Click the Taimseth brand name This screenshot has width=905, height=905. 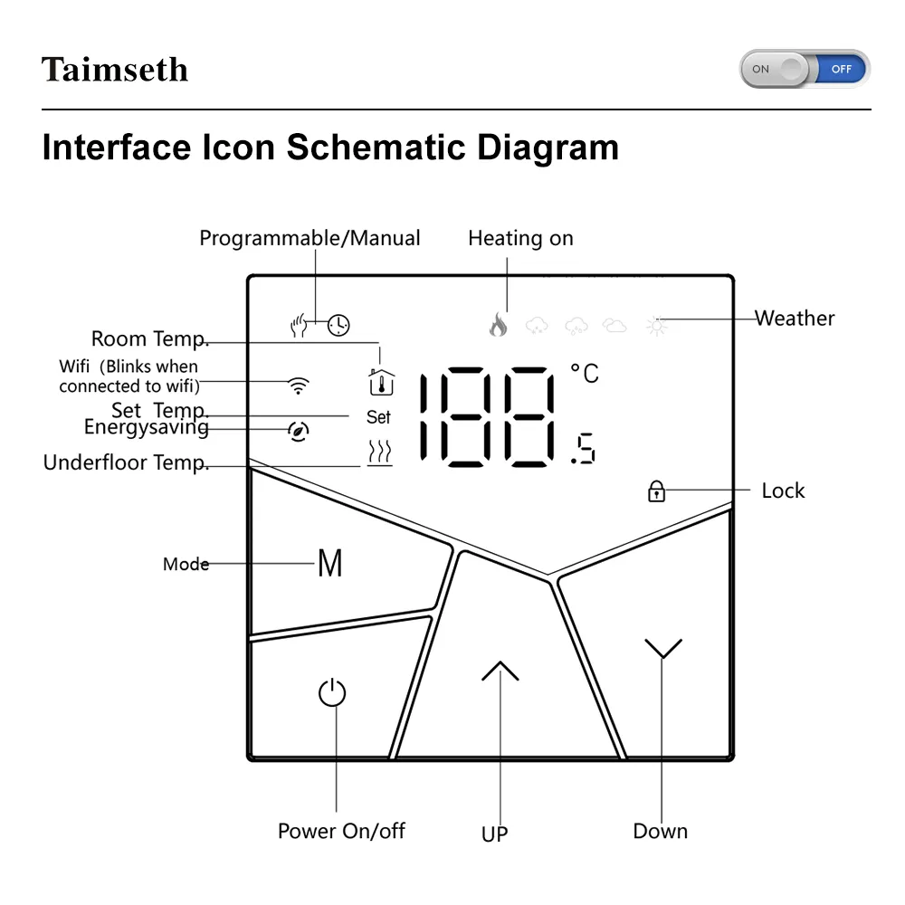pyautogui.click(x=115, y=70)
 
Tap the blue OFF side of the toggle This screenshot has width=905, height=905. pyautogui.click(x=842, y=70)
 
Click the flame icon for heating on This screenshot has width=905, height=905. pyautogui.click(x=498, y=324)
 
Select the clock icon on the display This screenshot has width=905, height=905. pyautogui.click(x=338, y=325)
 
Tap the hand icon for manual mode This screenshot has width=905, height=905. pyautogui.click(x=299, y=325)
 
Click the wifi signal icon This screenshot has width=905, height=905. pyautogui.click(x=299, y=385)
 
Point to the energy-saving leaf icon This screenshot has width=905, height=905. pyautogui.click(x=299, y=431)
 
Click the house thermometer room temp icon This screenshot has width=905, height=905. pyautogui.click(x=382, y=382)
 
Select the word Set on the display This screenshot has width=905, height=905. pyautogui.click(x=378, y=416)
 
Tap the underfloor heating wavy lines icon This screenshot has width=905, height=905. pyautogui.click(x=380, y=452)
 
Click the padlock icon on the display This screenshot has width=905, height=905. pyautogui.click(x=656, y=491)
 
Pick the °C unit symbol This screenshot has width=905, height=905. pyautogui.click(x=585, y=373)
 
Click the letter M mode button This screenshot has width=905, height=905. pyautogui.click(x=330, y=563)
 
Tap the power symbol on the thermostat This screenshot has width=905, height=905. pyautogui.click(x=332, y=692)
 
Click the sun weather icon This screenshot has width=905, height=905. pyautogui.click(x=657, y=326)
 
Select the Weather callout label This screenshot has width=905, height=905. pyautogui.click(x=795, y=318)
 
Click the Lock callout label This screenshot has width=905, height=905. pyautogui.click(x=783, y=491)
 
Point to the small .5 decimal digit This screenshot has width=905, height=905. pyautogui.click(x=583, y=448)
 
